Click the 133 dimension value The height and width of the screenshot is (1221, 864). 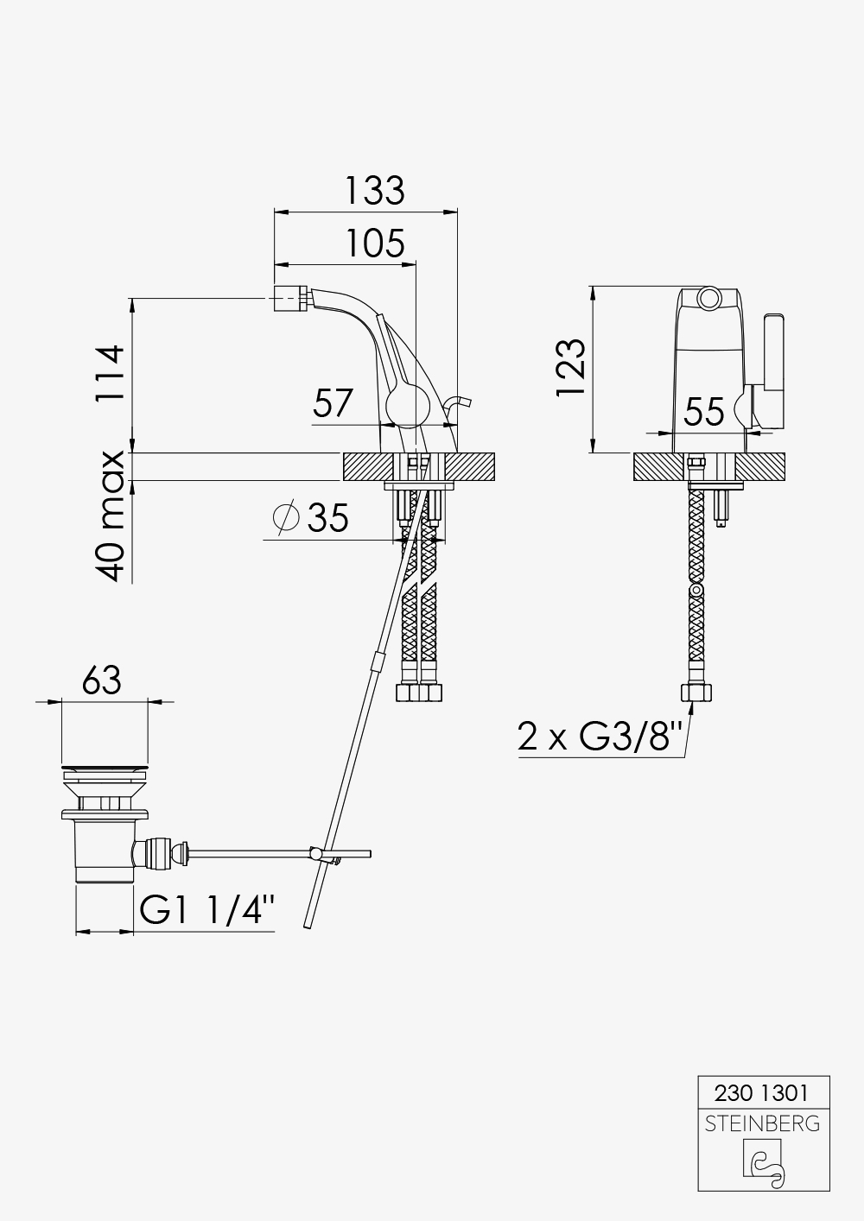click(375, 190)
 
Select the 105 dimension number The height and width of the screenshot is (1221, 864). click(376, 244)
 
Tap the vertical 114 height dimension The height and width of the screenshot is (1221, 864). click(111, 373)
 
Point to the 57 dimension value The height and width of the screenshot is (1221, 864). click(333, 402)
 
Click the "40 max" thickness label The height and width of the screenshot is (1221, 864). click(111, 516)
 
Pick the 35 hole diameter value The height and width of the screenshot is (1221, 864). click(327, 518)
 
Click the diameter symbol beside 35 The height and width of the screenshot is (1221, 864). click(286, 516)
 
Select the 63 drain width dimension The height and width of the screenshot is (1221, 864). click(102, 680)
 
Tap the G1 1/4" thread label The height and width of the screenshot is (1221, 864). click(206, 910)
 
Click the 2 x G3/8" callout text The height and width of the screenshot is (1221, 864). click(600, 737)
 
